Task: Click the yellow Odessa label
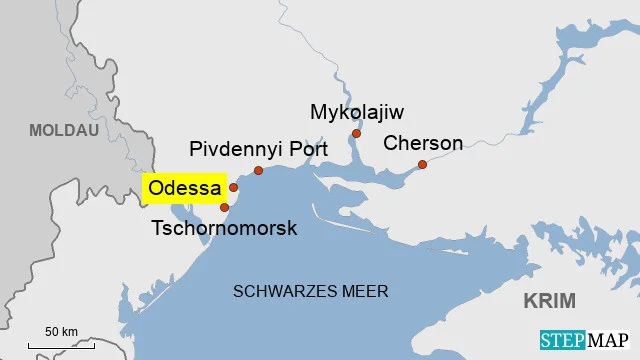183,187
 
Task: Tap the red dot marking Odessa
233,187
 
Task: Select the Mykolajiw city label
357,111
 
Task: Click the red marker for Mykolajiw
356,133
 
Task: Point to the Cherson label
423,143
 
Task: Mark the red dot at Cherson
422,164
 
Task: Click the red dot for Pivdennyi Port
258,171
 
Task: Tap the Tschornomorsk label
224,228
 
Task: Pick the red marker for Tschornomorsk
225,207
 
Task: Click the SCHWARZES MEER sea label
310,291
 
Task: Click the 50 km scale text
61,331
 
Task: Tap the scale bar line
61,345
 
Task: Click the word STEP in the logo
562,340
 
